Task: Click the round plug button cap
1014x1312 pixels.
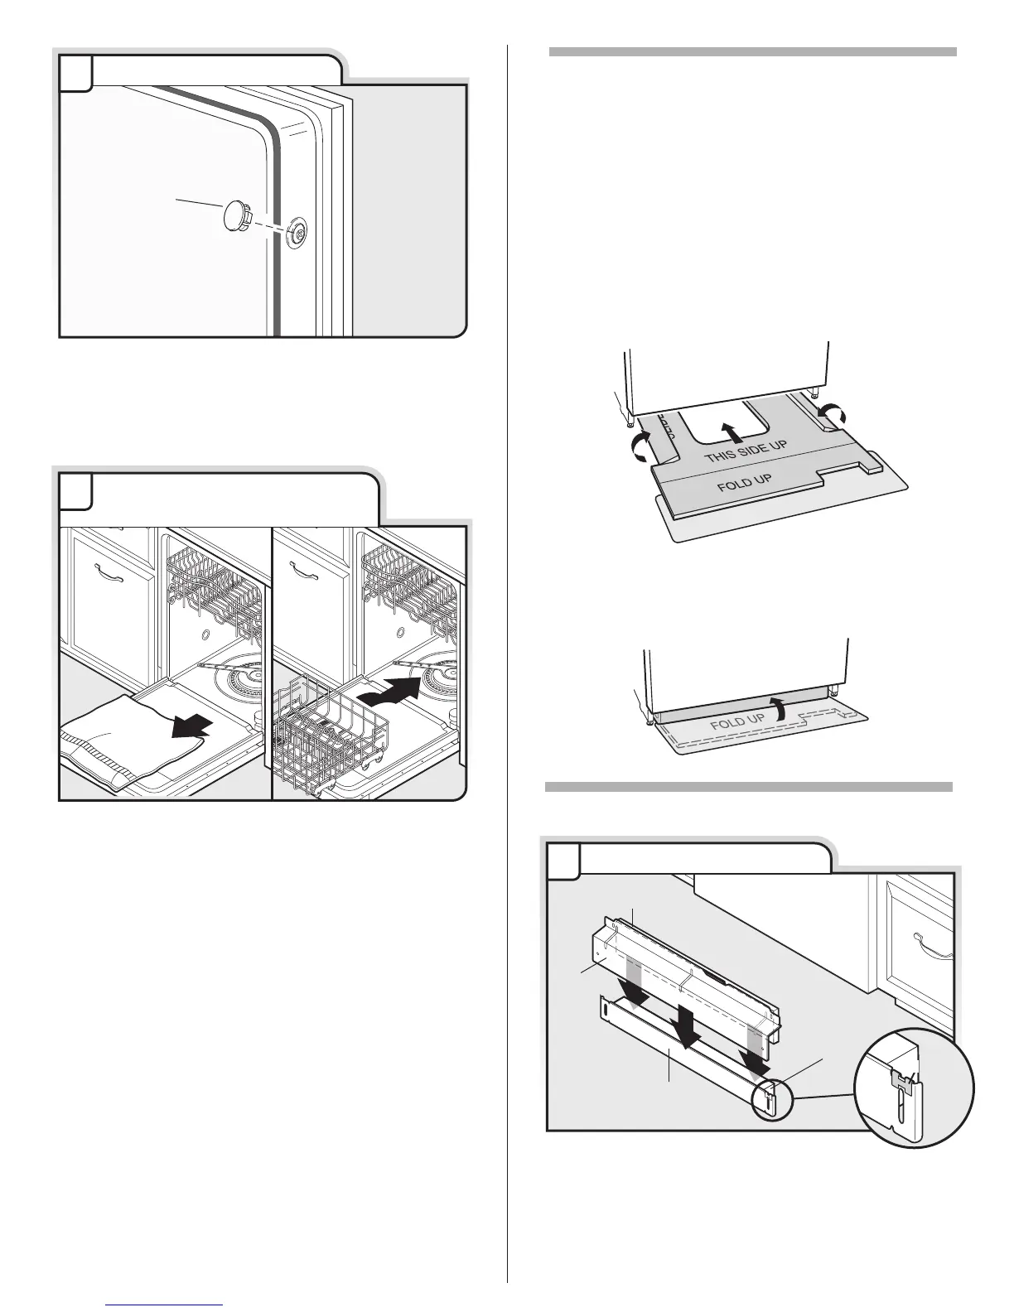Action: click(x=238, y=218)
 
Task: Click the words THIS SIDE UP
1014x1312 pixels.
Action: click(x=745, y=447)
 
